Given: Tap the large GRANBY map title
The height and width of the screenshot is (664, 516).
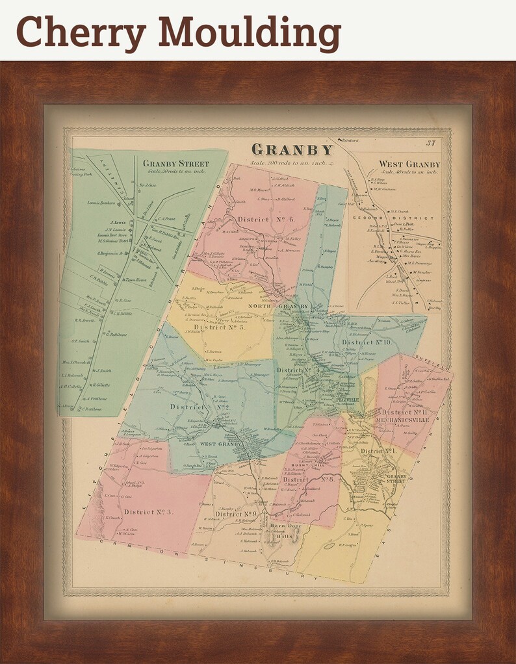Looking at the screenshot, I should point(292,150).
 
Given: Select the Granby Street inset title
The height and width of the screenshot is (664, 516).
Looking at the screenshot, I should point(175,163).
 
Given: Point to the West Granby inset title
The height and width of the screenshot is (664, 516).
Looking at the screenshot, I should point(409,164).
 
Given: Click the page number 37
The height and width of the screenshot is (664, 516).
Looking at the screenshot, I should point(430,144).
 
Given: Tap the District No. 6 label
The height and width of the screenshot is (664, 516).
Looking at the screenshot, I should point(266,220).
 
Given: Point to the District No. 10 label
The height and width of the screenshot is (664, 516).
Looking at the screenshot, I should point(366,342).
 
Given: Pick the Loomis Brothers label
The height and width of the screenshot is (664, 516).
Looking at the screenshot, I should point(103,203).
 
